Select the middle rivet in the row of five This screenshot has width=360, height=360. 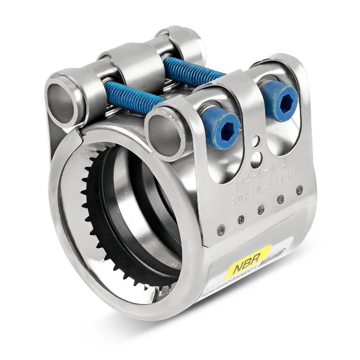(x=261, y=210)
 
